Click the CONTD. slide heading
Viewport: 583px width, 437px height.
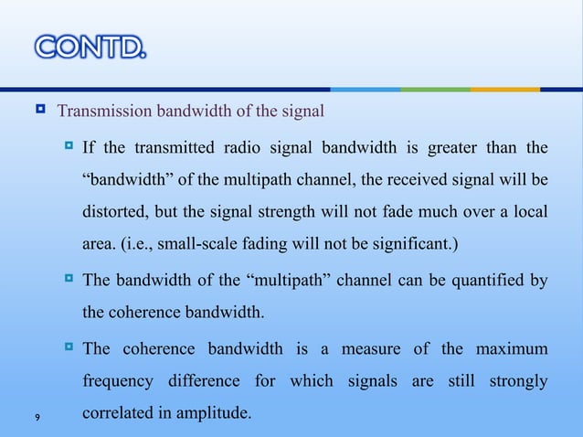90,45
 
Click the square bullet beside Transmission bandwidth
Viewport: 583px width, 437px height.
40,113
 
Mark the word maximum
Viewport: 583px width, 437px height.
507,349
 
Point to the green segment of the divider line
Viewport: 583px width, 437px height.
435,90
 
